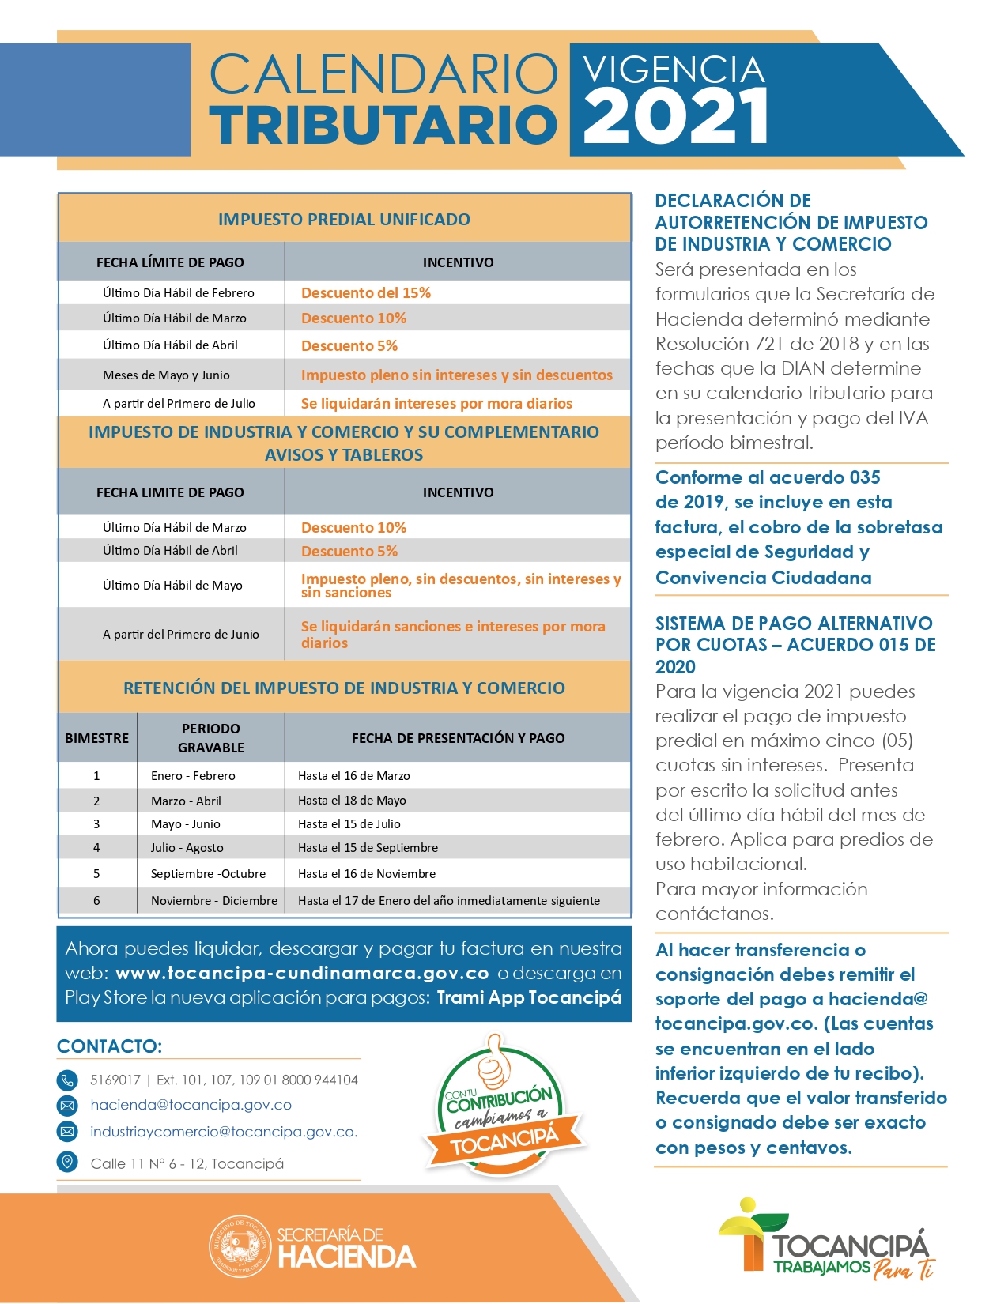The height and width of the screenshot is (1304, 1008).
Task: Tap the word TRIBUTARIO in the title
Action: tap(383, 125)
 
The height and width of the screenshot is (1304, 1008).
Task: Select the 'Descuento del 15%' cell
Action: tap(366, 293)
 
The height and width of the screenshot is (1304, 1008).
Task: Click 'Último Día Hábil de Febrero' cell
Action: tap(179, 293)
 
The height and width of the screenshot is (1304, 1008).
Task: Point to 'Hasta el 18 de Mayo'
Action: tap(352, 801)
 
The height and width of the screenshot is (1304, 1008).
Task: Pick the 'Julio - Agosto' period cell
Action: tap(187, 848)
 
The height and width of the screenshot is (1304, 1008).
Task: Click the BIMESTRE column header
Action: tap(96, 738)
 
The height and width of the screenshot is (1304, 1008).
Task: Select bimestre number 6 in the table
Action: tap(96, 901)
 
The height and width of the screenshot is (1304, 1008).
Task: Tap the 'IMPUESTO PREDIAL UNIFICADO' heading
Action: tap(344, 220)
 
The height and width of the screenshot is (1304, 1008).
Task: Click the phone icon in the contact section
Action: tap(68, 1080)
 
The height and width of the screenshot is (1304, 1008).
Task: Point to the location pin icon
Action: tap(68, 1163)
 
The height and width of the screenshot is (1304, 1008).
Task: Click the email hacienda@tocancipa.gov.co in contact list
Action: tap(191, 1105)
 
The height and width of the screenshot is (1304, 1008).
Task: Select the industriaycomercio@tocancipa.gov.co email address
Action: tap(224, 1132)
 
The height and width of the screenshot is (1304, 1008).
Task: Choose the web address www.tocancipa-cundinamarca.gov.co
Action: tap(302, 973)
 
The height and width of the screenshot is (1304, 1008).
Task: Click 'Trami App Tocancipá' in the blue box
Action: tap(529, 997)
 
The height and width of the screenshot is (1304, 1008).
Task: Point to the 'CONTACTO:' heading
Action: tap(109, 1046)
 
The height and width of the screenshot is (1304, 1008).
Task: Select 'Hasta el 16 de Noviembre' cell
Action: tap(367, 874)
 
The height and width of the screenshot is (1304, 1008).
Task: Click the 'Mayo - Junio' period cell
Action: tap(186, 824)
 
